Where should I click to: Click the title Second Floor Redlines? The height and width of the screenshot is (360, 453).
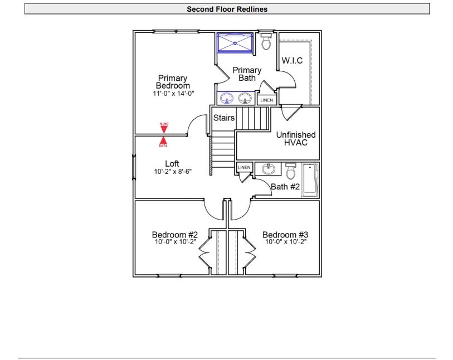[227, 9]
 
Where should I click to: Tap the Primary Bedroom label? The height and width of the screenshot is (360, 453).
[172, 82]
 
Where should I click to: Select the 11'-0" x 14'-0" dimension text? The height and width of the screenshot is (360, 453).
[172, 94]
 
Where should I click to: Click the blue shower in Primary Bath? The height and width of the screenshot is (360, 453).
[235, 43]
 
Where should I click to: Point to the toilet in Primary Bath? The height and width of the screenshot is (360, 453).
[266, 41]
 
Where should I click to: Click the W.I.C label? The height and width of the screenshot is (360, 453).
[293, 61]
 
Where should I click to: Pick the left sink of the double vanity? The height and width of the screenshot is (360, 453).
[227, 99]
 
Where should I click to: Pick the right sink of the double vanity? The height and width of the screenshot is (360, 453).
[243, 99]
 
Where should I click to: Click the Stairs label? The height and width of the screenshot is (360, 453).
[223, 118]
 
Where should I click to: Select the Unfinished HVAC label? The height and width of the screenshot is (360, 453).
[295, 139]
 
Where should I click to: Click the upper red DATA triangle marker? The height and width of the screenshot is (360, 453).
[164, 128]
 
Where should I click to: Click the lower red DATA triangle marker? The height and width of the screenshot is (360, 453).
[163, 141]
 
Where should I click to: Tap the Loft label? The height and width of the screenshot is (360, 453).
[172, 163]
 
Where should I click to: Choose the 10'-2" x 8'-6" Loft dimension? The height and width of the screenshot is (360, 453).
[172, 172]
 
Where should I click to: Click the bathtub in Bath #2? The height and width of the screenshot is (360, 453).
[309, 181]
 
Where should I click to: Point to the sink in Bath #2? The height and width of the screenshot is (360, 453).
[269, 169]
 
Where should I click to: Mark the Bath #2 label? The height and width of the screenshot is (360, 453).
[285, 187]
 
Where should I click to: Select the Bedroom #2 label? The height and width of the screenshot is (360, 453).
[175, 234]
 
